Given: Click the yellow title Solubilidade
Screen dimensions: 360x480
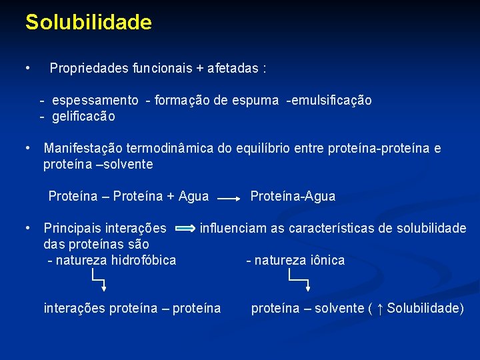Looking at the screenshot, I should pyautogui.click(x=88, y=23).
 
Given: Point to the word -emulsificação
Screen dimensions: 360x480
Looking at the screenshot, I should pyautogui.click(x=329, y=101).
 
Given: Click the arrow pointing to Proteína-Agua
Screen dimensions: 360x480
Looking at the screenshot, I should pyautogui.click(x=229, y=198).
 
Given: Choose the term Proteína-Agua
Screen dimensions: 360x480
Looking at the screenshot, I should pyautogui.click(x=293, y=197).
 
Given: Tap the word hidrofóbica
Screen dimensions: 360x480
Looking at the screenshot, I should pyautogui.click(x=144, y=261).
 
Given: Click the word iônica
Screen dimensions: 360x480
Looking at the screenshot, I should pyautogui.click(x=327, y=261).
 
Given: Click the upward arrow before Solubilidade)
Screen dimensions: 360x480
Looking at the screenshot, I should pyautogui.click(x=379, y=309).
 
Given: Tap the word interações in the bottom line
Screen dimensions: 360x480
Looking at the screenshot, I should pyautogui.click(x=74, y=309).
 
